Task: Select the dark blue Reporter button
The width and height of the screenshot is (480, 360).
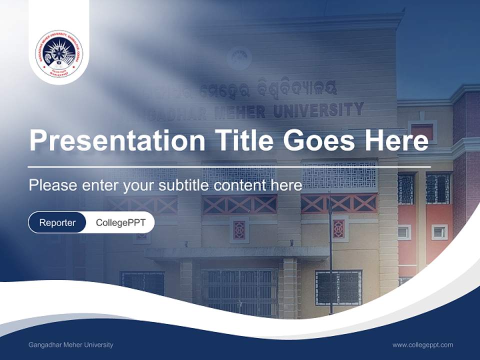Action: (x=57, y=222)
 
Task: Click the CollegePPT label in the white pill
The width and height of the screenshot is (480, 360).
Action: (x=120, y=222)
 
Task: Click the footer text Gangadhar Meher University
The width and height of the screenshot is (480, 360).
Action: (x=71, y=345)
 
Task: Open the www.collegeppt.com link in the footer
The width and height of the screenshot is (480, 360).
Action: (x=422, y=345)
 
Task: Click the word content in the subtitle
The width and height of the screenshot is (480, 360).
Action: (x=239, y=185)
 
